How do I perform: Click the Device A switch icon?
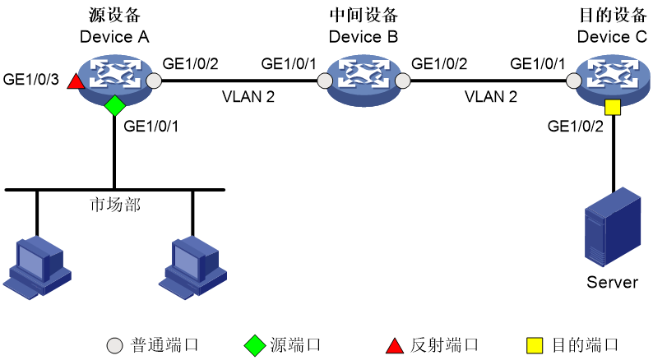[115, 80]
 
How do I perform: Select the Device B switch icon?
[364, 80]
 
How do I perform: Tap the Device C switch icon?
[613, 80]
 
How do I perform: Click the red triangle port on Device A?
[76, 81]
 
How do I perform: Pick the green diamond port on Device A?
[115, 106]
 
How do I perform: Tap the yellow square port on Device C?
[613, 108]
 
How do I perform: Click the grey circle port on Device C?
[574, 81]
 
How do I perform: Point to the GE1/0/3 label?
[30, 79]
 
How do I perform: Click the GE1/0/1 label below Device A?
[151, 126]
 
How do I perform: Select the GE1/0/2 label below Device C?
[575, 126]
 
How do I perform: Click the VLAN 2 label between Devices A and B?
[248, 96]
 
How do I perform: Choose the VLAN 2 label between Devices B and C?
[491, 96]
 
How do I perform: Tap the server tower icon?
[613, 227]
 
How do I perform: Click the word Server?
[612, 282]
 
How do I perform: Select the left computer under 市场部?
[37, 267]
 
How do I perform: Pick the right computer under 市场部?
[192, 267]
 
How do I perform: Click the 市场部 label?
[115, 205]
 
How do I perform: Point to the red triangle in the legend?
[395, 346]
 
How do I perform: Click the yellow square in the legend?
[535, 346]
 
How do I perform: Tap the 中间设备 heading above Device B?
[364, 16]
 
